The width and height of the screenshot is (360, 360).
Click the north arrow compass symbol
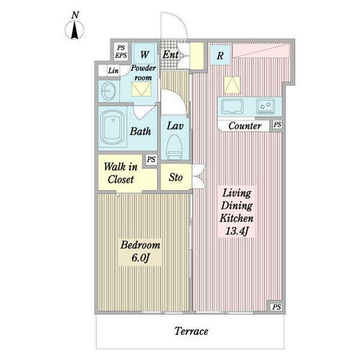[x=75, y=30]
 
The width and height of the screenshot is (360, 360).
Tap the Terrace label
[x=192, y=331]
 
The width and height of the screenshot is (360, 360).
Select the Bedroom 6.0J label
[x=140, y=251]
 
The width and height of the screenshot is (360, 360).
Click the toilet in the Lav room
[x=175, y=146]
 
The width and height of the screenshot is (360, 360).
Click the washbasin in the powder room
[x=109, y=91]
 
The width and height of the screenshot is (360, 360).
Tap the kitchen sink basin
[x=232, y=106]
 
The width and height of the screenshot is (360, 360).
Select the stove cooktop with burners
[x=266, y=106]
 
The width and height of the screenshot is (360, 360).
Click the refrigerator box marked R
[x=220, y=55]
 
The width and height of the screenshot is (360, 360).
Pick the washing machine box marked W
[x=144, y=54]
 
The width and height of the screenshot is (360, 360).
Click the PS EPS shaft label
[x=121, y=52]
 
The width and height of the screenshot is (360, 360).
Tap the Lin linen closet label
[x=113, y=71]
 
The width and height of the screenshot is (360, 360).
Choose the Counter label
[x=245, y=126]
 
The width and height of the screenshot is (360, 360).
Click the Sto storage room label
[x=176, y=177]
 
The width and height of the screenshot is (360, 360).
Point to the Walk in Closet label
[x=121, y=173]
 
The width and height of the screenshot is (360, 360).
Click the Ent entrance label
[x=171, y=55]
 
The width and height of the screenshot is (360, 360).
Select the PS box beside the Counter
[x=277, y=125]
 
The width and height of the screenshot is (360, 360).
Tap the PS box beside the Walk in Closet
[x=151, y=159]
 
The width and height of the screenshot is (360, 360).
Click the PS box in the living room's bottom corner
[x=276, y=307]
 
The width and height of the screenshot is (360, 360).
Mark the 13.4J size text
[x=237, y=231]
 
